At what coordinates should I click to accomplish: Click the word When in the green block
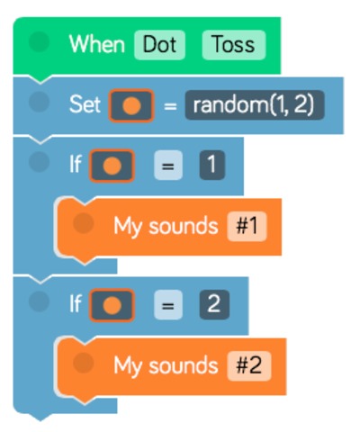(x=97, y=44)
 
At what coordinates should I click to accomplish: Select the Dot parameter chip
(x=159, y=45)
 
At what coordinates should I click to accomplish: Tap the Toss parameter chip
(x=234, y=45)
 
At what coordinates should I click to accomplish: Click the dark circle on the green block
(x=39, y=41)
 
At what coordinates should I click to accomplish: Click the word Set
(x=85, y=104)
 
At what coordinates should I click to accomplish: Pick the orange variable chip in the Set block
(x=131, y=105)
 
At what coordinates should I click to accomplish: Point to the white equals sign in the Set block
(x=170, y=106)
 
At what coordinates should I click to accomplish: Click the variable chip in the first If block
(x=112, y=166)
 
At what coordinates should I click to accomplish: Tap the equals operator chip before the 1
(x=168, y=166)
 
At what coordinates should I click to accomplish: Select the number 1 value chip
(x=212, y=166)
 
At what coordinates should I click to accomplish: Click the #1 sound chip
(x=247, y=226)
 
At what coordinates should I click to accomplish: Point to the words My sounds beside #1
(x=166, y=226)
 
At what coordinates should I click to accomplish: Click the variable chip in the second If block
(x=112, y=305)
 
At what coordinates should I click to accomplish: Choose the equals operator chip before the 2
(x=168, y=305)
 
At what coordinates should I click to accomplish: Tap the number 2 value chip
(x=214, y=305)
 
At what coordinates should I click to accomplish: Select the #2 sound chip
(x=249, y=366)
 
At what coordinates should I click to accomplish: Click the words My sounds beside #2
(x=166, y=366)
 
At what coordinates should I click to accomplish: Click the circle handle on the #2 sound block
(x=83, y=363)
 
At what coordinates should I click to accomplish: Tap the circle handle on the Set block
(x=39, y=102)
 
